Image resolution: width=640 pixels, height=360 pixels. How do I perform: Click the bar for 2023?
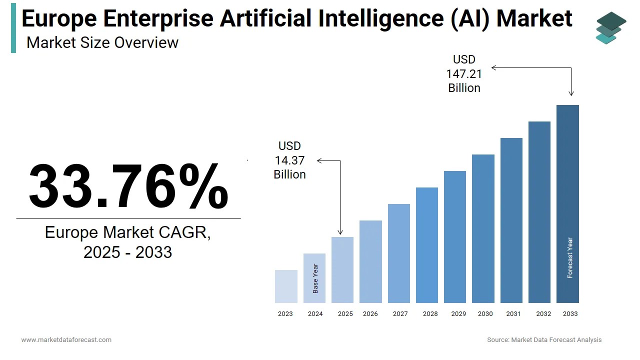coord(286,286)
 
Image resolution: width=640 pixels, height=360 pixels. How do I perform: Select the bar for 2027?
coord(398,253)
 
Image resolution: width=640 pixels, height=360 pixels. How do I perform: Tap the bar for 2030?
coord(483,228)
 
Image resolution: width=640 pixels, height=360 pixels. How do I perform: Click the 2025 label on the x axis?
coord(345,314)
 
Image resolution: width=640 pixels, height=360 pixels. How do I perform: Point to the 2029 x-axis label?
coord(458,314)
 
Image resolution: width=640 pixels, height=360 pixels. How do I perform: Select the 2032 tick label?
coord(543,314)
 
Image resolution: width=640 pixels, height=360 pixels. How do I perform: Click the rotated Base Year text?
coord(315,278)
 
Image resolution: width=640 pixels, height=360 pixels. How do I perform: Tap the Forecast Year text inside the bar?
coord(570,257)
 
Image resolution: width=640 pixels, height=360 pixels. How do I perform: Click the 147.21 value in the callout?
coord(464,74)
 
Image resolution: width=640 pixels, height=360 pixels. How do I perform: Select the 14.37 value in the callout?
coord(289,160)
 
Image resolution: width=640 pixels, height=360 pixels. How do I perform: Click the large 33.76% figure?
coord(128,186)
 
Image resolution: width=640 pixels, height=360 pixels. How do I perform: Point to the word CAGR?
coord(184,232)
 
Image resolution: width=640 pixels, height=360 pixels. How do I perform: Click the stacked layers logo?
coord(610,28)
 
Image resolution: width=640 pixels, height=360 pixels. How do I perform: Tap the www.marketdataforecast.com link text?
coord(66,340)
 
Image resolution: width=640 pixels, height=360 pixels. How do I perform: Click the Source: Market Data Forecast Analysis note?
coord(544,340)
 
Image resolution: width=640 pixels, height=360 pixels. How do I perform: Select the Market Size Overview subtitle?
coord(102,42)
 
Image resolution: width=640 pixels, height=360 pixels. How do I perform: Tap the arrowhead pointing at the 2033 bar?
coord(571,93)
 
